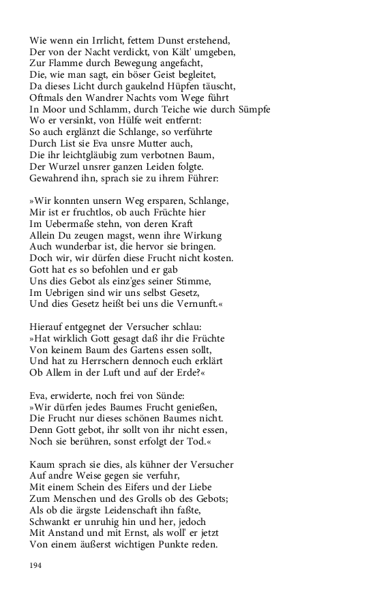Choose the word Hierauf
[48, 328]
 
